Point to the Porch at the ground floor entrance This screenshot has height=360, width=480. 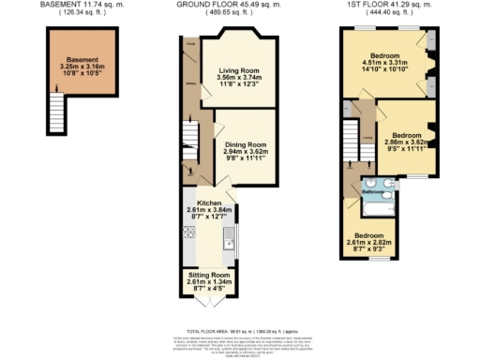(189, 44)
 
